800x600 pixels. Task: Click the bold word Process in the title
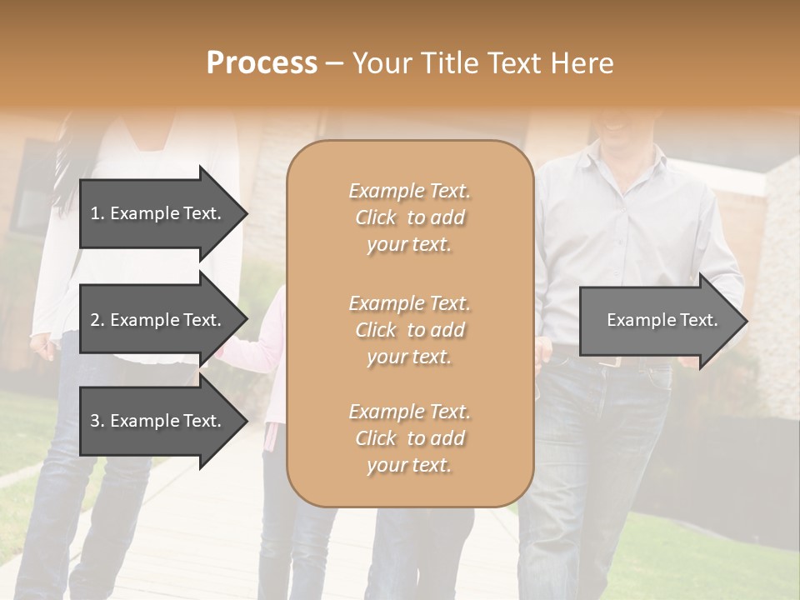262,63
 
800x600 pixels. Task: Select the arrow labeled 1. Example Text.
158,213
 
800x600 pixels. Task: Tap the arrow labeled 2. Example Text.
158,320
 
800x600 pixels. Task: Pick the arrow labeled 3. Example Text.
158,421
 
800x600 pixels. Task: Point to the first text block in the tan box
409,217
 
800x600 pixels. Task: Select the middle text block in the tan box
409,330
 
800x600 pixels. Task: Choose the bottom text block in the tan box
409,438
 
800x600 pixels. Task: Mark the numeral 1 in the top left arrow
95,213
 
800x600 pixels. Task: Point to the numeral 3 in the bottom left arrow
95,421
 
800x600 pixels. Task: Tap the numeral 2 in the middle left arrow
95,320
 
